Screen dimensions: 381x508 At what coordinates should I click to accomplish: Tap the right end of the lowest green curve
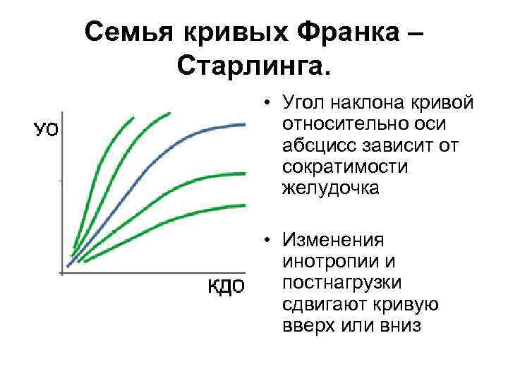pos(243,205)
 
